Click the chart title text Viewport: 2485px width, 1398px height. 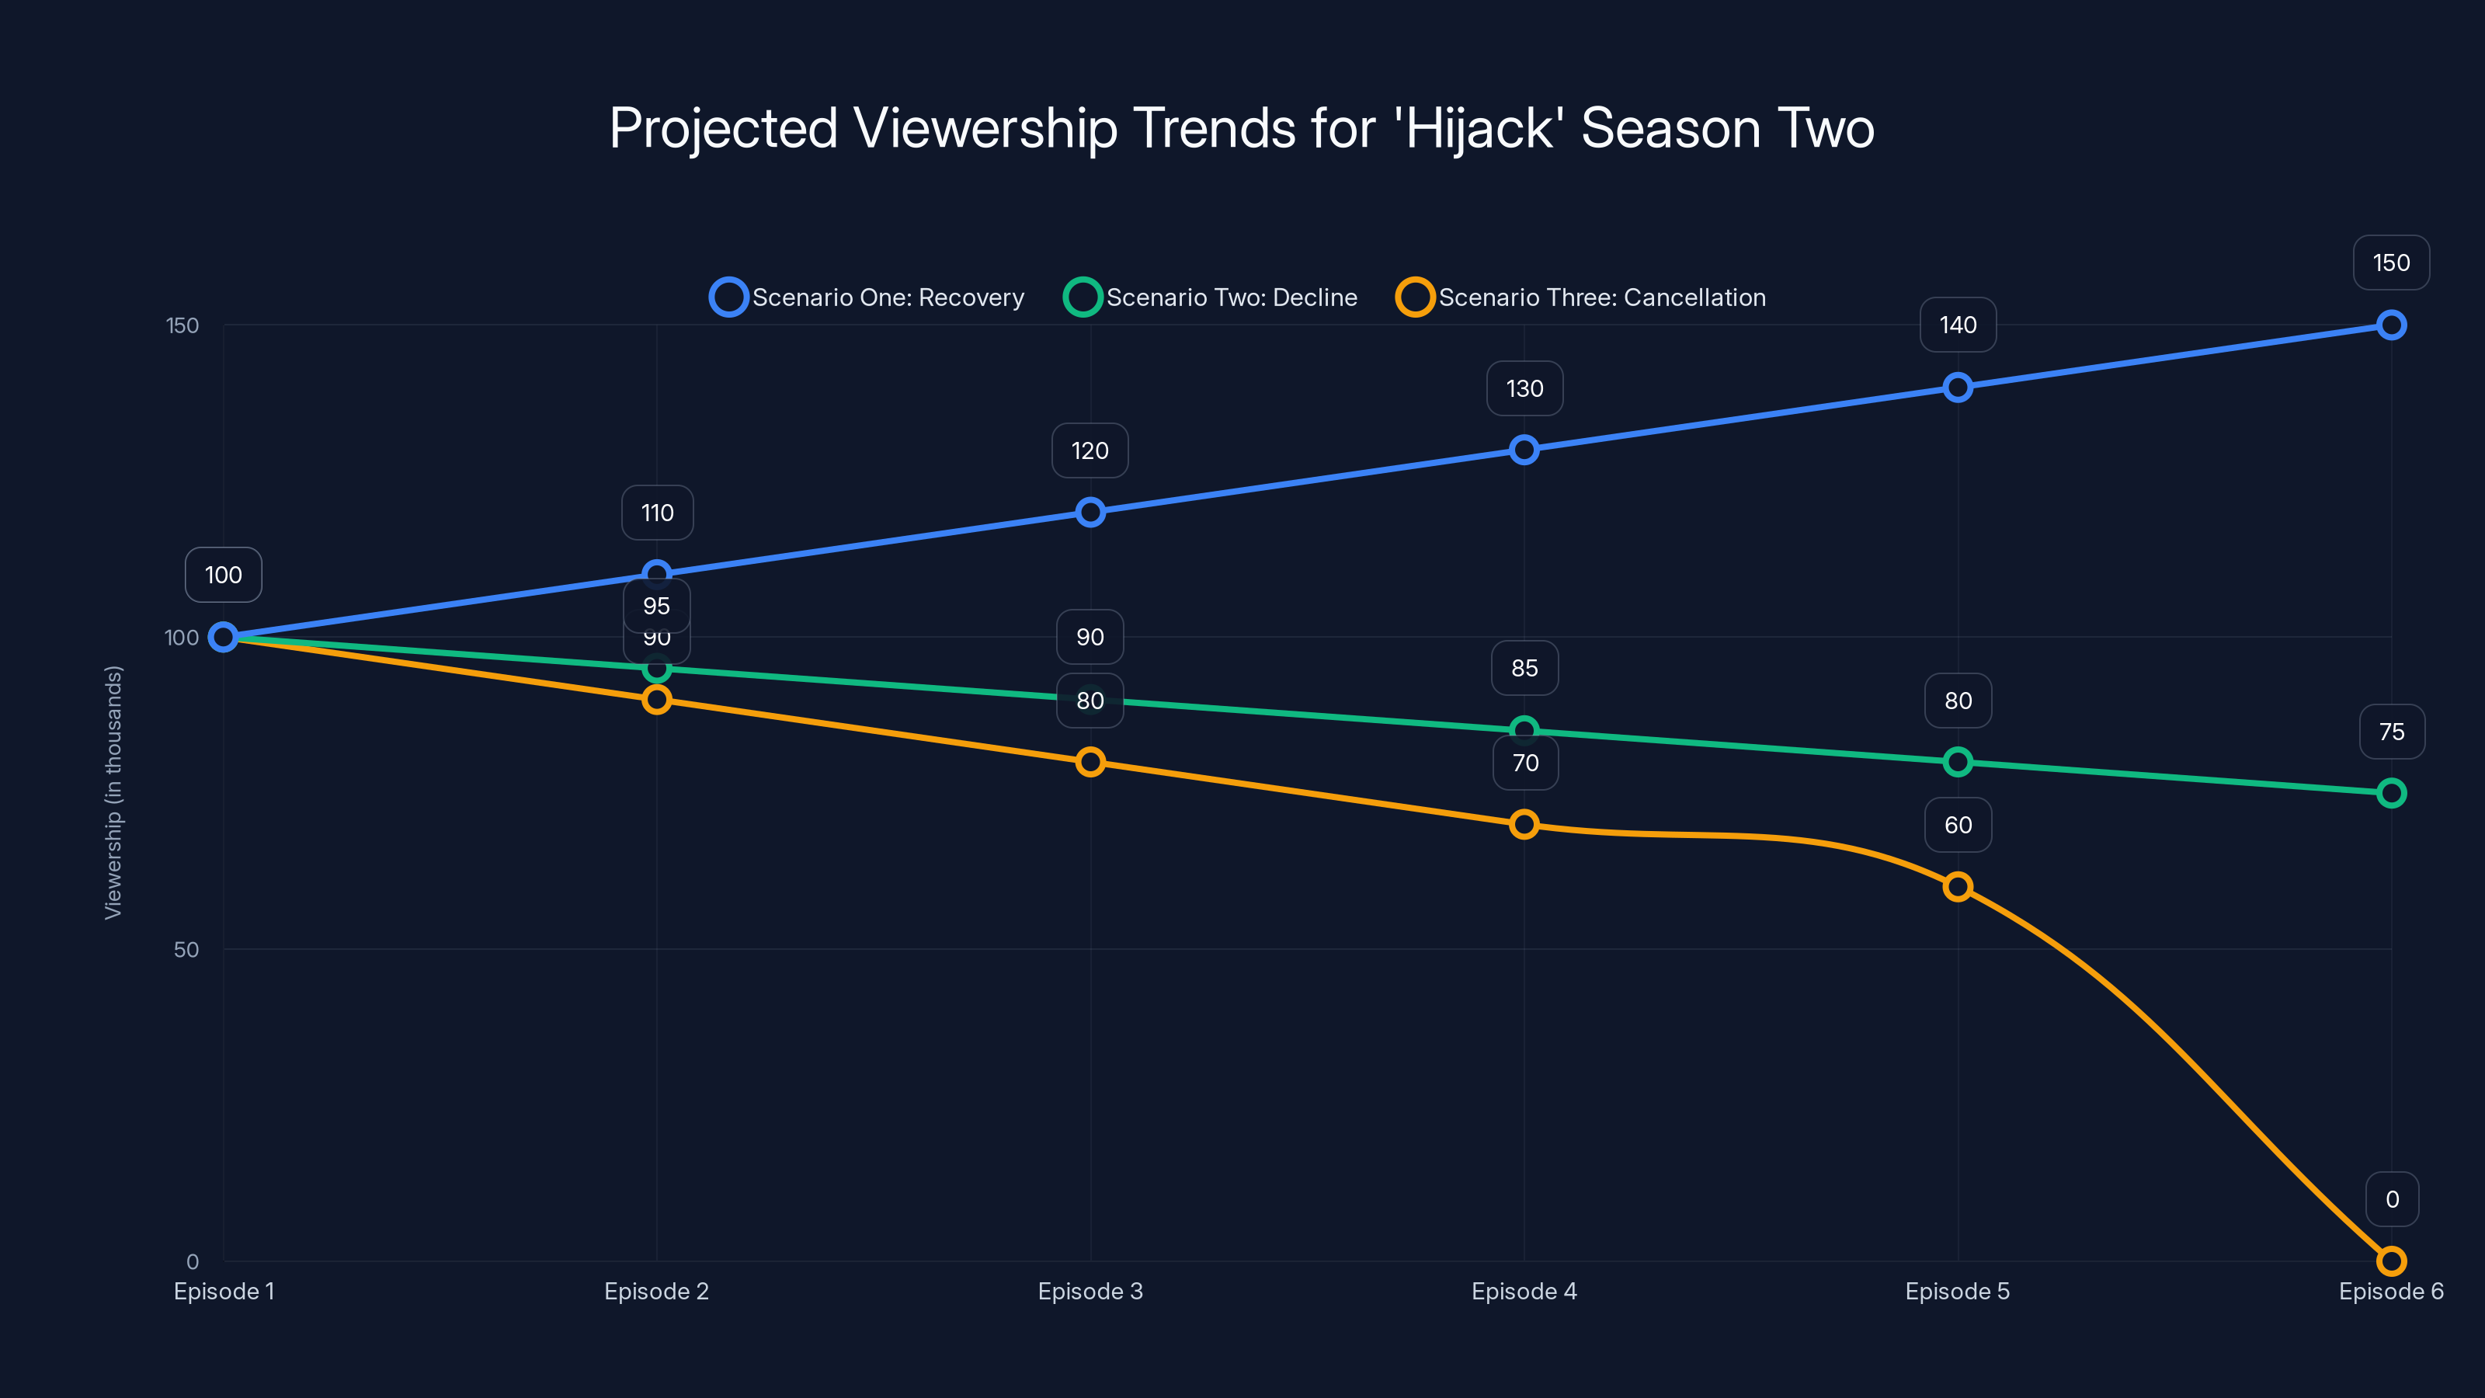coord(1242,128)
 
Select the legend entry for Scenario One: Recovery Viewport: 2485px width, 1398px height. coord(867,297)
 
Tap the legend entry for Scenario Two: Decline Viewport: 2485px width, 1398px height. coord(1211,297)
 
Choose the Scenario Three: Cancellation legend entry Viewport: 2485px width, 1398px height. coord(1581,297)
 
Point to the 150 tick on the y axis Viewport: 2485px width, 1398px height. coord(182,325)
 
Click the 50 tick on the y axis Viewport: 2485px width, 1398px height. coord(186,949)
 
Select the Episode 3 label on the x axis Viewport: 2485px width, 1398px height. coord(1090,1291)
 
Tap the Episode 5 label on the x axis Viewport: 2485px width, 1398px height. coord(1957,1291)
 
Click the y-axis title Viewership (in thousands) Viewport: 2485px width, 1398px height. coord(114,792)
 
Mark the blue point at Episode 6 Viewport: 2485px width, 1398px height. coord(2390,325)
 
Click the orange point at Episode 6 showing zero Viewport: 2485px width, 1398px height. coord(2390,1260)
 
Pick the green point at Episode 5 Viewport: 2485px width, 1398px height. coord(1957,762)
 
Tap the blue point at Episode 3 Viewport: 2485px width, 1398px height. coord(1090,513)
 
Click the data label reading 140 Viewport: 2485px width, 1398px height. coord(1957,325)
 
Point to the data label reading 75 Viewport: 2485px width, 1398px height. coord(2390,732)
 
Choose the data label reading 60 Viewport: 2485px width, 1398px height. coord(1957,825)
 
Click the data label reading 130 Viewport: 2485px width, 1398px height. coord(1524,389)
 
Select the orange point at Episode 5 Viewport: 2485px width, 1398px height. coord(1957,887)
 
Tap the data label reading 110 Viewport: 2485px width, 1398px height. coord(657,513)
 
